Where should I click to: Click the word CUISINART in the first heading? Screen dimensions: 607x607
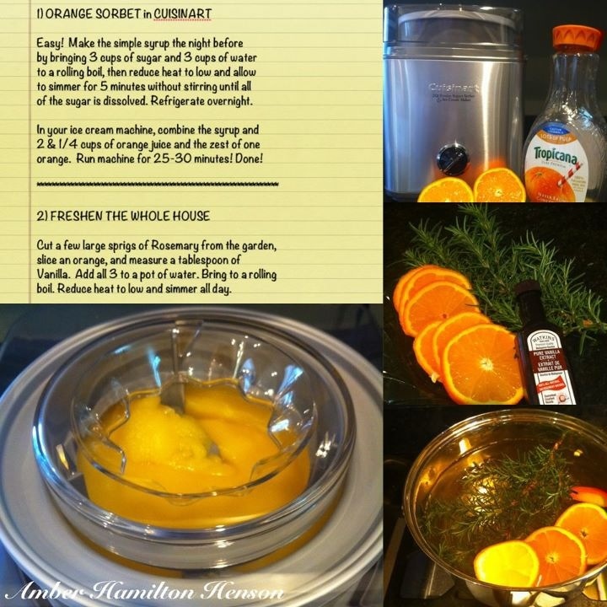click(182, 13)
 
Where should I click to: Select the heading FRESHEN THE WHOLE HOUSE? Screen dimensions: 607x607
click(130, 216)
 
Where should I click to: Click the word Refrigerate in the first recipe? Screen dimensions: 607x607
click(177, 101)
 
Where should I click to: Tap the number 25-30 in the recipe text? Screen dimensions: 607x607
click(173, 158)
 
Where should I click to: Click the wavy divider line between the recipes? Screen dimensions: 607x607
click(158, 185)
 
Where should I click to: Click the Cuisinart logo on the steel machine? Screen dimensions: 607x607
click(454, 89)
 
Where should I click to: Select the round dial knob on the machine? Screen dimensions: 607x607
click(453, 159)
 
